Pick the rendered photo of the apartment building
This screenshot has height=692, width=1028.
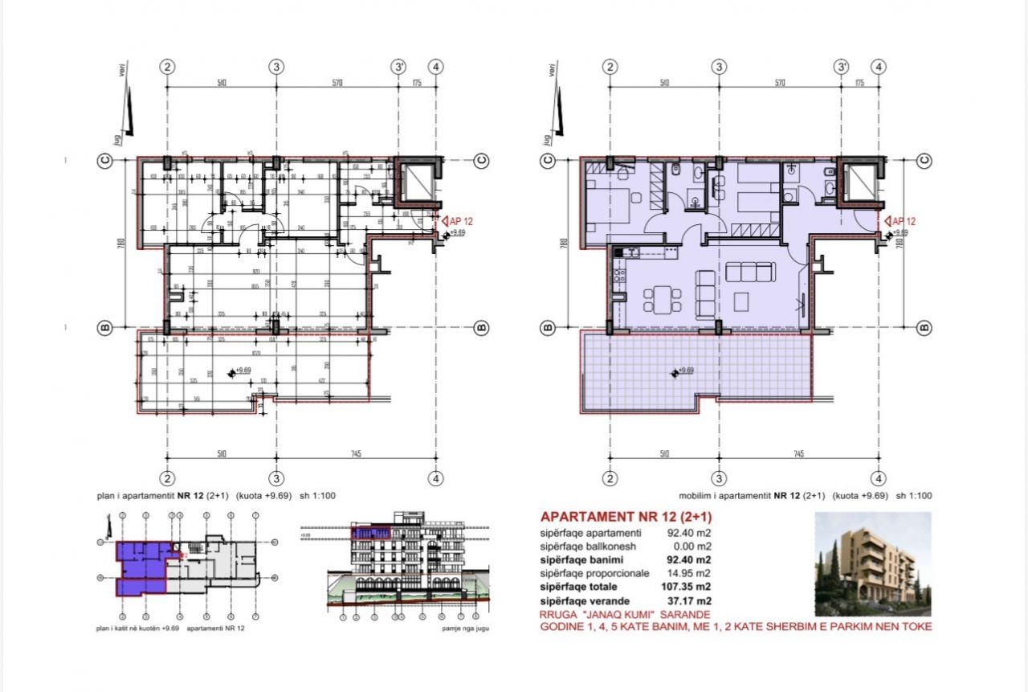tap(873, 559)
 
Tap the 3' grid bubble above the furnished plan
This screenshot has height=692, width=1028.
tap(842, 68)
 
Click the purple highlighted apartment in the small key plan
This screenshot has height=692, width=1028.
tap(141, 567)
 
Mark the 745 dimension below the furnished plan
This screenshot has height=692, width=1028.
tap(798, 454)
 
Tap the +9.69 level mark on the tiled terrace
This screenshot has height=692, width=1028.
tap(683, 371)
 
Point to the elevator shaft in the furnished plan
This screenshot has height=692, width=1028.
tap(859, 180)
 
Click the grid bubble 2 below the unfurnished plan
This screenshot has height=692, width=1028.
tap(168, 478)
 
